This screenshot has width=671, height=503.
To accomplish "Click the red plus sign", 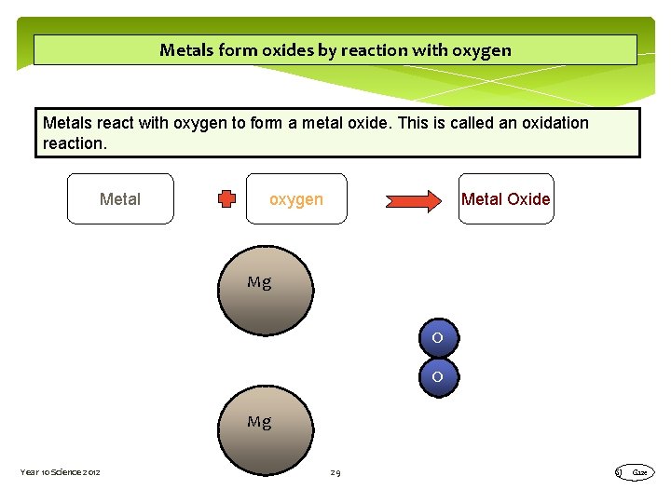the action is pos(226,198).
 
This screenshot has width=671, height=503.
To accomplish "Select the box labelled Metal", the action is pos(120,199).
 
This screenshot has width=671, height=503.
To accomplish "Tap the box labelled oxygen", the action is pos(296,199).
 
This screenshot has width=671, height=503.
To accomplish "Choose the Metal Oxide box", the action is pos(506,199).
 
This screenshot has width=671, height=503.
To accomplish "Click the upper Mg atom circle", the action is pos(266,290).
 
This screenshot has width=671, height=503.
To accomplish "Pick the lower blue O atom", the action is pos(438,377).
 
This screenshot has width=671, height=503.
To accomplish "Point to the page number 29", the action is pos(335,473).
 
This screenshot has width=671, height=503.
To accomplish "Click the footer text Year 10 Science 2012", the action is pos(61,473).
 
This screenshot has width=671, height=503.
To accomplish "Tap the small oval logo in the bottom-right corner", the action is pos(638,473).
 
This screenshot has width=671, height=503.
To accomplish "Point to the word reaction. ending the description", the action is pos(75,143).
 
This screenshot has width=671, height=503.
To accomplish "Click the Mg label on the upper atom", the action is pos(259,282).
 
